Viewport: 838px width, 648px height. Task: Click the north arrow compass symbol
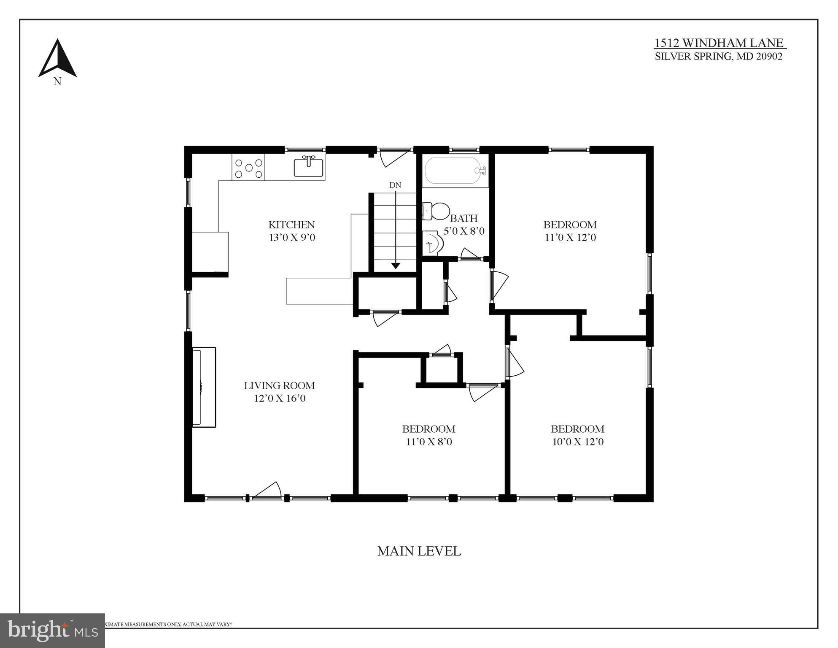point(57,59)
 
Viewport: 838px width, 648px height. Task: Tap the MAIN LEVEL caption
point(419,551)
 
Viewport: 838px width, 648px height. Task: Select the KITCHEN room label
point(291,225)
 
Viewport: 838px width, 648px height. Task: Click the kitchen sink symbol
point(309,167)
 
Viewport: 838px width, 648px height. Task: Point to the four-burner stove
point(248,168)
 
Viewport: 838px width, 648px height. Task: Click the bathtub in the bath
point(455,171)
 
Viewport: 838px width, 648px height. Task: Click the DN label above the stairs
point(395,185)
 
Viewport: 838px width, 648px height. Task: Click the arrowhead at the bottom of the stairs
point(395,266)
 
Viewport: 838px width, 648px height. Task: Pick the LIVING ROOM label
point(279,385)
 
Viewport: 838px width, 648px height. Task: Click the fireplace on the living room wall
point(204,387)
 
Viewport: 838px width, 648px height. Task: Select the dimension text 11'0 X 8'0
point(428,442)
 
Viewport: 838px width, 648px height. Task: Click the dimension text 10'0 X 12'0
point(577,442)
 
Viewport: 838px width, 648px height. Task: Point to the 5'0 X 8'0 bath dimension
point(463,231)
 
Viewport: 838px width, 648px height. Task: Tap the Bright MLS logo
point(52,631)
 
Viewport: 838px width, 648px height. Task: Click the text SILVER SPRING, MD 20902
point(718,57)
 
